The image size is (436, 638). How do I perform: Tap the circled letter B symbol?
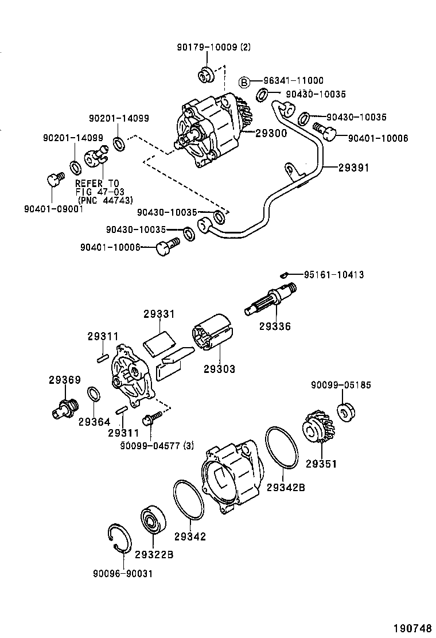[x=244, y=81]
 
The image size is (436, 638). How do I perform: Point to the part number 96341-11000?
[x=294, y=81]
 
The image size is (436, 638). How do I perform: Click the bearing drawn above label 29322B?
[x=154, y=522]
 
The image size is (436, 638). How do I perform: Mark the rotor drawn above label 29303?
[x=211, y=332]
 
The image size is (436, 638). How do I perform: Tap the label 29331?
[x=159, y=314]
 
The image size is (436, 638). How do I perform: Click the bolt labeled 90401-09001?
[x=53, y=180]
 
